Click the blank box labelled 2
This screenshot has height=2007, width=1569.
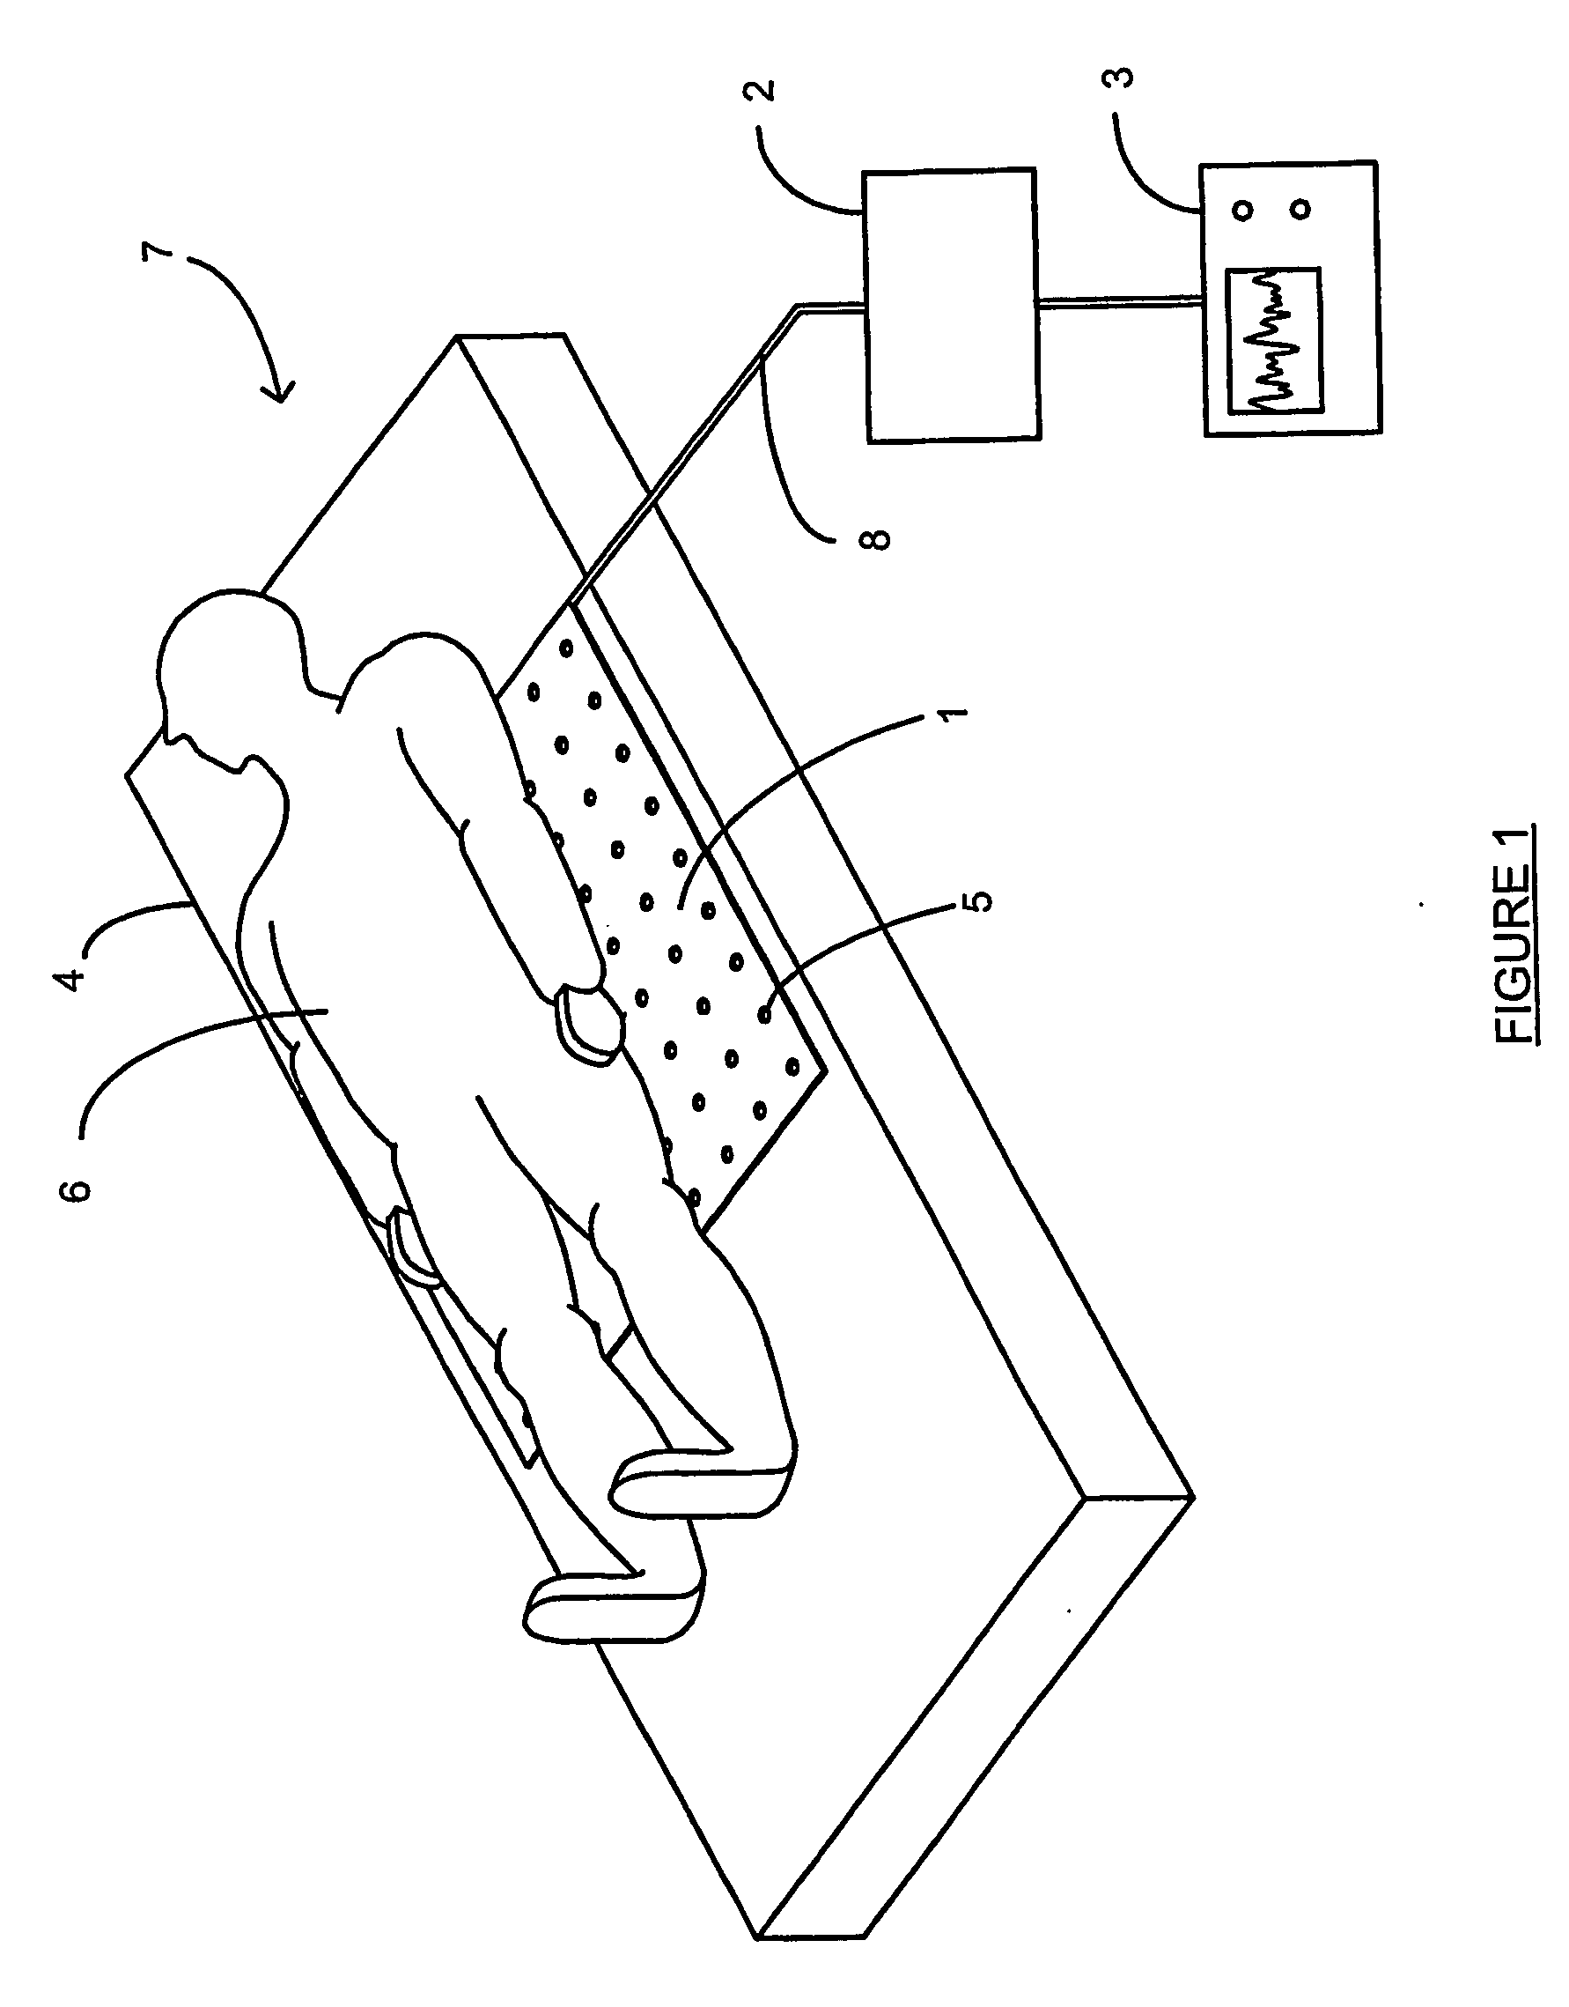pos(950,305)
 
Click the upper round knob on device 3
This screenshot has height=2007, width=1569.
pos(1243,210)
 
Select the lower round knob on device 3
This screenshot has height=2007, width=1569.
pos(1300,210)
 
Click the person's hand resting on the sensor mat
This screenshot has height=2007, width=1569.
pos(587,1023)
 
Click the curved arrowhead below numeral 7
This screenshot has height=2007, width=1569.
pos(280,390)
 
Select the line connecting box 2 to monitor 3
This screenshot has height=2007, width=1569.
pos(1120,300)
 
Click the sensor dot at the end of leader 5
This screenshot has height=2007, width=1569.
pos(763,1015)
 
